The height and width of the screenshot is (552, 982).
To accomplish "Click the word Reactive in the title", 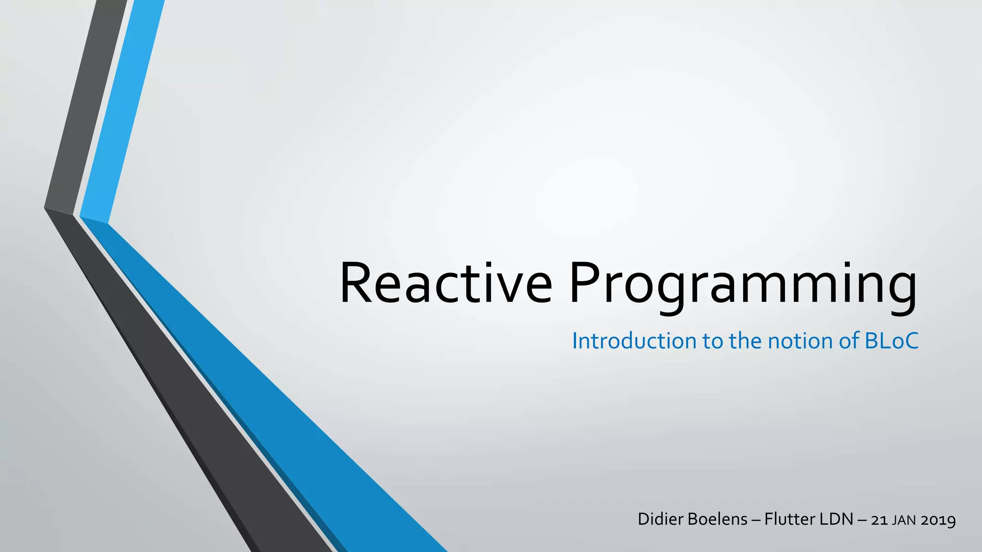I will click(446, 284).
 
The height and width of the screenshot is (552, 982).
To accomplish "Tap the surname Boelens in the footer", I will click(717, 519).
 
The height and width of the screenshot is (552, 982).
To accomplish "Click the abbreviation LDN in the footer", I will click(838, 519).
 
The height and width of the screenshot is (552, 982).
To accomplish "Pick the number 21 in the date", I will click(879, 520).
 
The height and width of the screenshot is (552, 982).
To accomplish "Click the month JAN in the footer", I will click(904, 520).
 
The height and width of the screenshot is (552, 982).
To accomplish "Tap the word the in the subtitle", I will click(746, 341).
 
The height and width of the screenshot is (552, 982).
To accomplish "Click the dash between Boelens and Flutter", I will click(756, 520).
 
